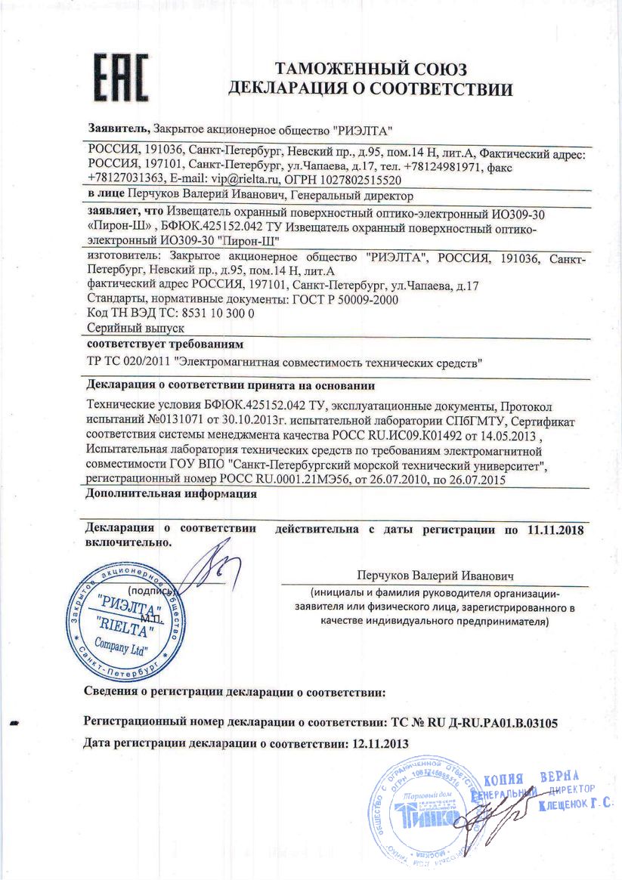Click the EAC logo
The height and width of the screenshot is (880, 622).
tap(120, 76)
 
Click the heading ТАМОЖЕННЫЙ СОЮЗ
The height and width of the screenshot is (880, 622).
tap(370, 69)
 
